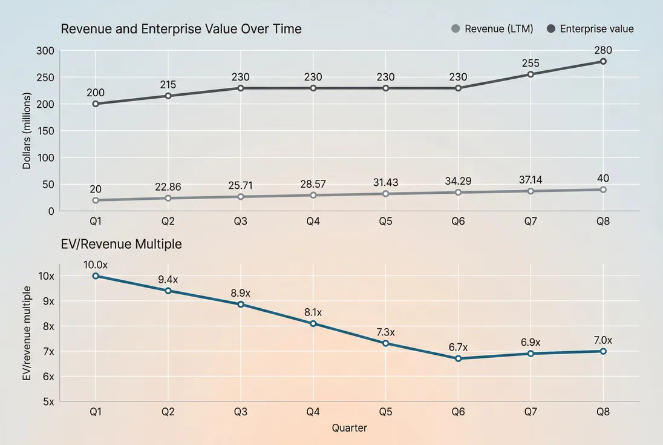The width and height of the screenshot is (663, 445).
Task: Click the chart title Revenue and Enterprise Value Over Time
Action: pos(181,28)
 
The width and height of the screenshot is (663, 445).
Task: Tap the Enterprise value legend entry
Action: pos(590,28)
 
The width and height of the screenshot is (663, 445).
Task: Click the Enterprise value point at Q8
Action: pos(603,61)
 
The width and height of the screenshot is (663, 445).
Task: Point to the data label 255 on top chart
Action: pos(531,63)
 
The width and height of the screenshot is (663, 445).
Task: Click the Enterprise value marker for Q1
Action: pos(96,104)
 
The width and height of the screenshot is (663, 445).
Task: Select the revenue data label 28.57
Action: pos(313,183)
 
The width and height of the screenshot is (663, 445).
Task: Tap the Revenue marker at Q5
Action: pos(385,194)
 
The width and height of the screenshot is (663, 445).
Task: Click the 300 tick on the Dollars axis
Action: pos(45,51)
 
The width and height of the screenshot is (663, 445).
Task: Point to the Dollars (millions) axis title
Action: pos(27,130)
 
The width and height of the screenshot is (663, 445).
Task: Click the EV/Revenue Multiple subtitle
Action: pos(121,245)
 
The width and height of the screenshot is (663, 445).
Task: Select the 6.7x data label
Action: pos(458,347)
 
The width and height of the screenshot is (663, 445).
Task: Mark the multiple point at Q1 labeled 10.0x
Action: pos(96,276)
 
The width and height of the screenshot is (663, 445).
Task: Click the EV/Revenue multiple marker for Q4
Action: pos(313,324)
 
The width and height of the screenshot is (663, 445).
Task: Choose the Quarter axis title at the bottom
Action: pos(349,427)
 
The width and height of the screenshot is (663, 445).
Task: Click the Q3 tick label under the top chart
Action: pos(240,222)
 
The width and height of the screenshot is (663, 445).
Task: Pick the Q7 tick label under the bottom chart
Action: pos(531,412)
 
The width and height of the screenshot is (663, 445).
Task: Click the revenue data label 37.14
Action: pos(531,179)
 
